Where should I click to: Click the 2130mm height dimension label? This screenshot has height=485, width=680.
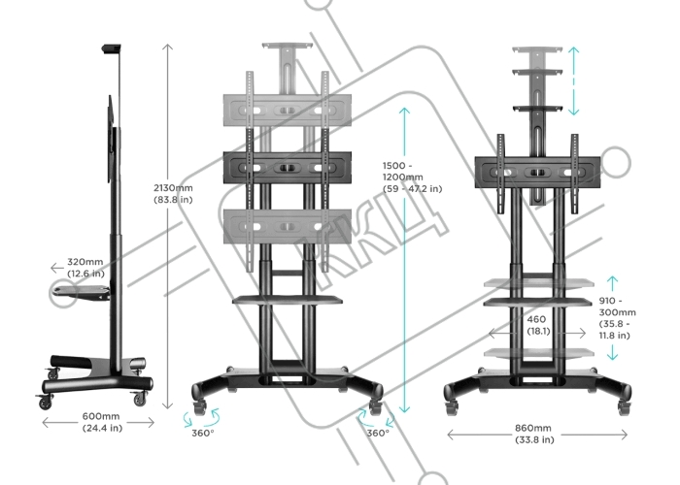pyautogui.click(x=173, y=194)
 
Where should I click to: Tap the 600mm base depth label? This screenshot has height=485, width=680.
pyautogui.click(x=102, y=422)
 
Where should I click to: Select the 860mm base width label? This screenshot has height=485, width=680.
pyautogui.click(x=534, y=434)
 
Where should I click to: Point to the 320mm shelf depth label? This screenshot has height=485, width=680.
pyautogui.click(x=85, y=268)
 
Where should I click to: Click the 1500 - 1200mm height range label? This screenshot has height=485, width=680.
pyautogui.click(x=412, y=178)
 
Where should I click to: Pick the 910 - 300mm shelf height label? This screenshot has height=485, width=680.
pyautogui.click(x=617, y=318)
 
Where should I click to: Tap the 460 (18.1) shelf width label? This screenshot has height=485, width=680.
pyautogui.click(x=538, y=325)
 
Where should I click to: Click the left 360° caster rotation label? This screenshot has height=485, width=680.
pyautogui.click(x=203, y=433)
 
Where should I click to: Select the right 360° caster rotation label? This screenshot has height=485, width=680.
pyautogui.click(x=378, y=433)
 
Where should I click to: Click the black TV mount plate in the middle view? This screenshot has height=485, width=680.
pyautogui.click(x=288, y=168)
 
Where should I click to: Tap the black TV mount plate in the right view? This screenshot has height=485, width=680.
pyautogui.click(x=538, y=173)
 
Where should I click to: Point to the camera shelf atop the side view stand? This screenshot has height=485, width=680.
pyautogui.click(x=111, y=48)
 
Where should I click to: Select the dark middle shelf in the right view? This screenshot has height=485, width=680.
pyautogui.click(x=538, y=302)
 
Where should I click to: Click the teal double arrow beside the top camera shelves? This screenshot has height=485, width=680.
pyautogui.click(x=573, y=81)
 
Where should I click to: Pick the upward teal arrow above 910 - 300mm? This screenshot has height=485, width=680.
pyautogui.click(x=612, y=283)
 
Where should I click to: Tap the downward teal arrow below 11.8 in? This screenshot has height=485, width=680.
pyautogui.click(x=612, y=352)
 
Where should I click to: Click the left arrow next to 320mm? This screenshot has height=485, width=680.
pyautogui.click(x=56, y=269)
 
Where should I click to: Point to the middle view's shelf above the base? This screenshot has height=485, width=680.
pyautogui.click(x=288, y=299)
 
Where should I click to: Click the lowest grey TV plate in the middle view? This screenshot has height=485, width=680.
pyautogui.click(x=288, y=226)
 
